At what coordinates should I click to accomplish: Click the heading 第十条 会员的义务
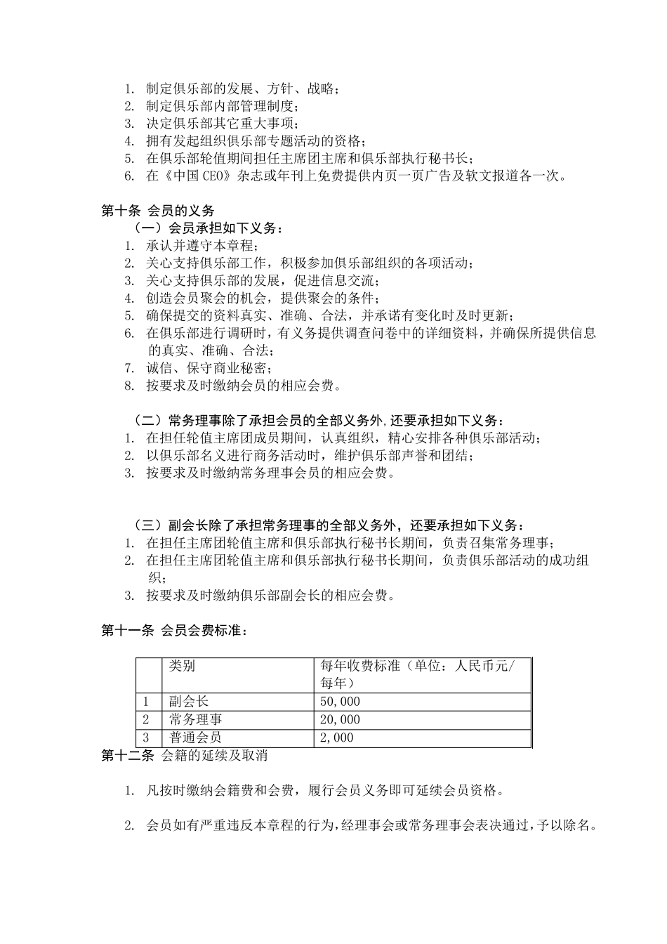(x=158, y=211)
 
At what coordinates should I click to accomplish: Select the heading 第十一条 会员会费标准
(x=174, y=631)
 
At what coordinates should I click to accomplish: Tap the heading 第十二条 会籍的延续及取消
(x=184, y=756)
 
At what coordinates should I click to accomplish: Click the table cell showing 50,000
(x=341, y=702)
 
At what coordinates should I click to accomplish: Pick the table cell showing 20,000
(x=341, y=720)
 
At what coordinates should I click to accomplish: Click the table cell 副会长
(x=189, y=702)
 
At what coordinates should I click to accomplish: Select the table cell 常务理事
(x=196, y=720)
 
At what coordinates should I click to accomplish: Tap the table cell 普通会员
(x=196, y=738)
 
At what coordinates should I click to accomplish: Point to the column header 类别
(x=183, y=666)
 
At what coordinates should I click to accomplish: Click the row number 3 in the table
(x=146, y=738)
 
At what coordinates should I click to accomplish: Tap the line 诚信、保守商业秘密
(x=209, y=368)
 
